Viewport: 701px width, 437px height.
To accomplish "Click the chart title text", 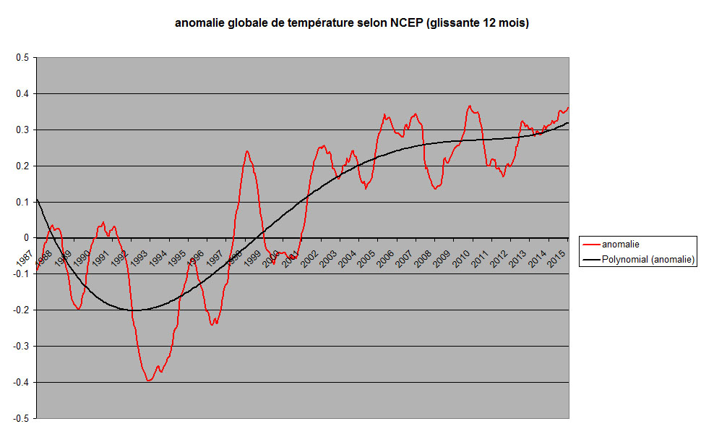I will pyautogui.click(x=352, y=23).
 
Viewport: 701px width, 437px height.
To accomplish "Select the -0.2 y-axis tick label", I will pyautogui.click(x=21, y=310).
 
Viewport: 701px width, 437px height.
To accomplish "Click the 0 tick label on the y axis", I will pyautogui.click(x=27, y=238).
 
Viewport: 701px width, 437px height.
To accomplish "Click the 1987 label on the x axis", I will pyautogui.click(x=25, y=258).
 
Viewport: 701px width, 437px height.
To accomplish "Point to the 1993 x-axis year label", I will pyautogui.click(x=139, y=258).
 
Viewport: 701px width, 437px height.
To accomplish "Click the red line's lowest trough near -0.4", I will pyautogui.click(x=149, y=381).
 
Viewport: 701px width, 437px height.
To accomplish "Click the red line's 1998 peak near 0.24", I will pyautogui.click(x=247, y=151).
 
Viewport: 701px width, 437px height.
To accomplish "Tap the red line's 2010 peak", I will pyautogui.click(x=470, y=106).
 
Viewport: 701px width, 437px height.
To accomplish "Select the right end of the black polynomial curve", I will pyautogui.click(x=568, y=123).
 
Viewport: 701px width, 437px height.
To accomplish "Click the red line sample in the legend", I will pyautogui.click(x=591, y=245).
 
